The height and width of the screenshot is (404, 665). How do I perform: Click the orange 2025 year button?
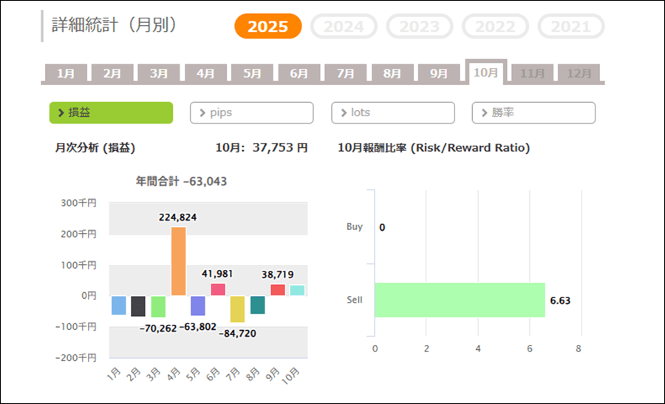[x=268, y=27]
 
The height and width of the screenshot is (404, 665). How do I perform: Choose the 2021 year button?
[x=571, y=27]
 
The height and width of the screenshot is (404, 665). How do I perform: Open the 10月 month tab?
[x=485, y=73]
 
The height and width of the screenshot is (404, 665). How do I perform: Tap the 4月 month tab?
[x=205, y=73]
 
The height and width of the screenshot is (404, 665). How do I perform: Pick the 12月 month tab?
[x=579, y=73]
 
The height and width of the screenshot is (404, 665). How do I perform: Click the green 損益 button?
[x=111, y=112]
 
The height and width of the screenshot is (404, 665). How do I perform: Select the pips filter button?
[x=251, y=112]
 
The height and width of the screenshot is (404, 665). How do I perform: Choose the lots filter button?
[x=392, y=112]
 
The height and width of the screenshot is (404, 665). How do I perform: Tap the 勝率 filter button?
[x=533, y=112]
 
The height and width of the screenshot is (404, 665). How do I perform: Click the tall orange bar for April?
[x=179, y=261]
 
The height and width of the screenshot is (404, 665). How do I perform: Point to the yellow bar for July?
[x=237, y=309]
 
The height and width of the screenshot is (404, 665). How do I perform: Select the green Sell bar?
[x=460, y=300]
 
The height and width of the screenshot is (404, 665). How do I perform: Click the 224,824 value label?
[x=178, y=217]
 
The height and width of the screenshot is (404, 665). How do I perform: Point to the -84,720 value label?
[x=237, y=333]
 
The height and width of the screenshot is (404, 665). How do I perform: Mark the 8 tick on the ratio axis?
[x=579, y=348]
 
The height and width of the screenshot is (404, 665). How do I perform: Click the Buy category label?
[x=355, y=226]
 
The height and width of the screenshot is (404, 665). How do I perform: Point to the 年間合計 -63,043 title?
[x=181, y=181]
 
